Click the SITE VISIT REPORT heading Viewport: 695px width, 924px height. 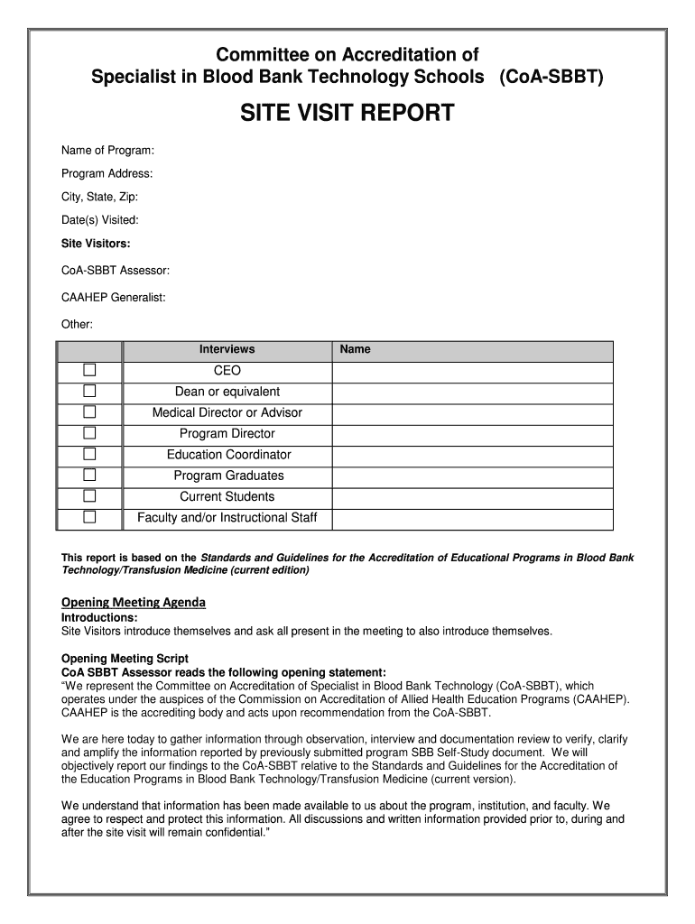[347, 114]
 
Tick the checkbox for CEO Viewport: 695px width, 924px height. [89, 370]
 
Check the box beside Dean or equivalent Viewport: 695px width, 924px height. [89, 391]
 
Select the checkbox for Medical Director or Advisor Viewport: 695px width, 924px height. [89, 411]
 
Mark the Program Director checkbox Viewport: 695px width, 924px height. [89, 433]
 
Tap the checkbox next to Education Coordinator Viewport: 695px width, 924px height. [89, 454]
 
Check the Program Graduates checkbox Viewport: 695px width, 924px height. [89, 475]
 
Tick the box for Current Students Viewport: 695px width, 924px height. [89, 495]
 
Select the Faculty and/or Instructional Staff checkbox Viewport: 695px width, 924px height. [89, 517]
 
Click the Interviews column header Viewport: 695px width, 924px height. [227, 349]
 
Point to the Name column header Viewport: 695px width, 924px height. [356, 349]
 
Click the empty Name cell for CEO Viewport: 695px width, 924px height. [472, 371]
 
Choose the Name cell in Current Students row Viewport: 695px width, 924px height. [472, 496]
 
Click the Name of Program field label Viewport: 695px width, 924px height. [107, 149]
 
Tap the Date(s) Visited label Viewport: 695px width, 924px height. [100, 219]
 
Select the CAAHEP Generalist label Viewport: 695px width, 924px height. [114, 297]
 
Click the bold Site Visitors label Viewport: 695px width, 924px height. [96, 244]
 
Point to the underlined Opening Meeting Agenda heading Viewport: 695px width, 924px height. [134, 602]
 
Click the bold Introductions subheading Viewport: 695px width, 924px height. [99, 617]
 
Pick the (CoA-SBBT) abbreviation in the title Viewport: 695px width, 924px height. [550, 78]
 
